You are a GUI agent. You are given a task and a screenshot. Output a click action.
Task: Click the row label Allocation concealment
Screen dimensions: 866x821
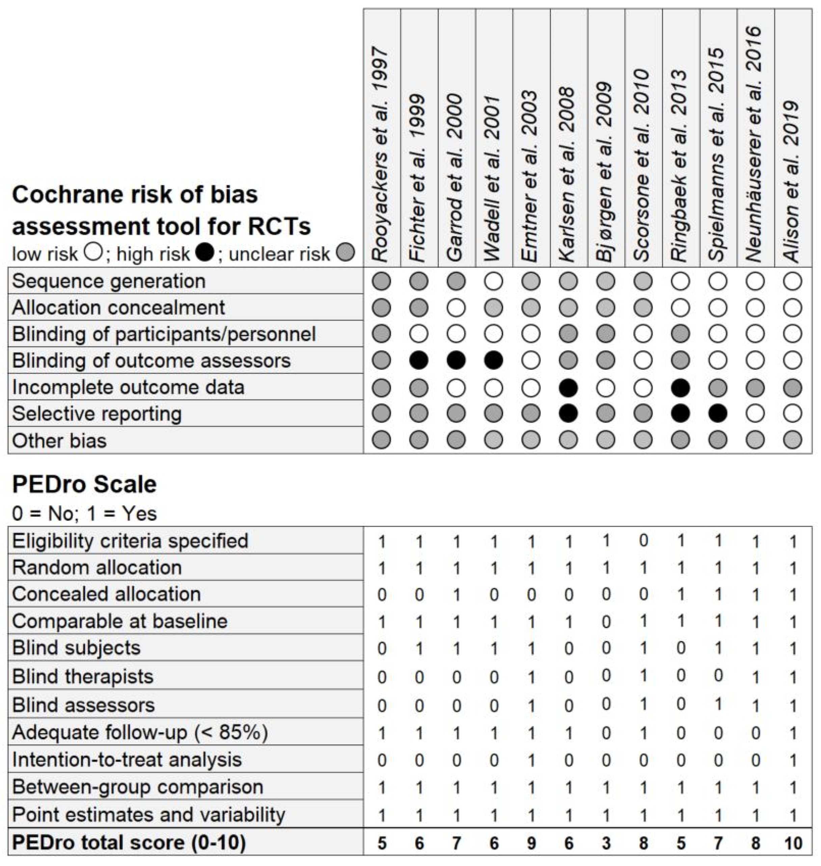pos(118,307)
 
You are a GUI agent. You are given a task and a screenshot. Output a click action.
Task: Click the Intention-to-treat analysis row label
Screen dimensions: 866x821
pos(127,760)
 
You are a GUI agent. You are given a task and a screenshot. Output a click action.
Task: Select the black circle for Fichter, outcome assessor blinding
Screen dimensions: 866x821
pos(419,360)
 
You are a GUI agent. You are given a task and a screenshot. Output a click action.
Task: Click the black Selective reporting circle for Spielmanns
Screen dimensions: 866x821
pos(718,413)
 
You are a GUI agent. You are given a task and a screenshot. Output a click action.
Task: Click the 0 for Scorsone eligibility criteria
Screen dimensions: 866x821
pos(643,540)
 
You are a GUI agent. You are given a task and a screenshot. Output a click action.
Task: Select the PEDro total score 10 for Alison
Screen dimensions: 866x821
pos(793,842)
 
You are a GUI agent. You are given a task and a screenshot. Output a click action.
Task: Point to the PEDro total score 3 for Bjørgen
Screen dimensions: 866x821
pos(606,842)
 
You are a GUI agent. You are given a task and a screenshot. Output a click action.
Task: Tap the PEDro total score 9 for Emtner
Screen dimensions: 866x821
pos(531,842)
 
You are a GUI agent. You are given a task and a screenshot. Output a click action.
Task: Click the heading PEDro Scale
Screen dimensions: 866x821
pos(84,484)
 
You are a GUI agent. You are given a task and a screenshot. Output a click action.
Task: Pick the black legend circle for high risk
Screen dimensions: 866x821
pos(205,253)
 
